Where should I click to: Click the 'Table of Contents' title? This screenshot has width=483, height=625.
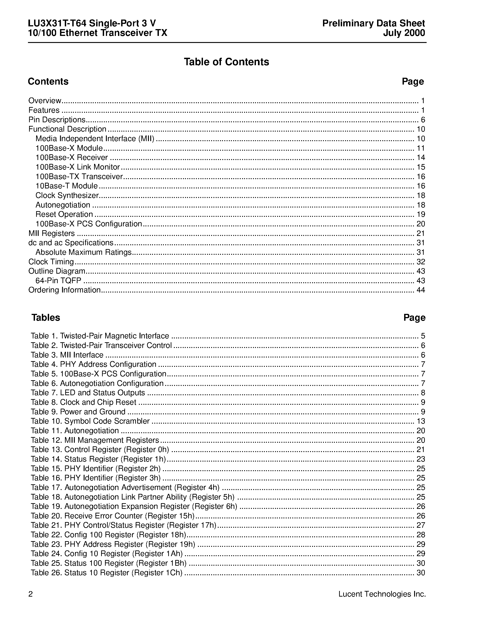pos(226,62)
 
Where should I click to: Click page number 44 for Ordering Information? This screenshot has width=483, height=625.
pos(420,290)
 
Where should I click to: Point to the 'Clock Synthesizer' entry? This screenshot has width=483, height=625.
pos(67,195)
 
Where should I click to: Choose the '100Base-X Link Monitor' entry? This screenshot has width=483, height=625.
pos(78,167)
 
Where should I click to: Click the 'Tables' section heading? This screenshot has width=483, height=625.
pos(46,318)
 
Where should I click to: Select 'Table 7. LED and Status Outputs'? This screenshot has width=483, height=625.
pos(88,393)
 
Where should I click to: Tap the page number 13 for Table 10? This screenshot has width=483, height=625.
pos(421,421)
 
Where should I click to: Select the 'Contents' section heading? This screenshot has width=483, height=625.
pos(48,82)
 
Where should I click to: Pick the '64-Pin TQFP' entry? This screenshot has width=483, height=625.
pos(58,280)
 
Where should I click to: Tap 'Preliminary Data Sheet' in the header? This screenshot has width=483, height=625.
pos(373,23)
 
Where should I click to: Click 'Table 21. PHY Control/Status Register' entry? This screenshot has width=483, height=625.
pos(123,525)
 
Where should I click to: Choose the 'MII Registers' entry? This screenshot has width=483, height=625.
pos(52,233)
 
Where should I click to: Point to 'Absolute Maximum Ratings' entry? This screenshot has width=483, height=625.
pos(83,252)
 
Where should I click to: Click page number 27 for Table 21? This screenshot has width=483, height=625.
pos(421,525)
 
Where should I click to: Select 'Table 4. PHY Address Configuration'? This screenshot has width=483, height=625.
pos(94,364)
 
